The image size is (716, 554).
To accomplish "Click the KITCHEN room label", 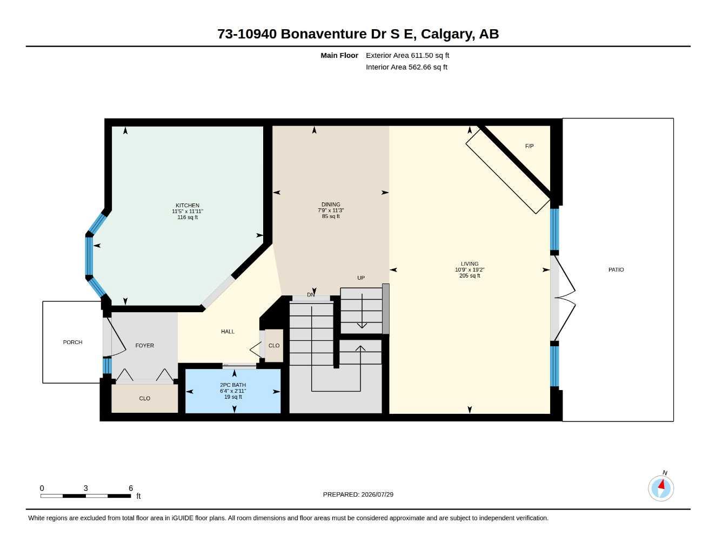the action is (187, 206).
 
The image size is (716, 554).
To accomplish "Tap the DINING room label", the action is (331, 205).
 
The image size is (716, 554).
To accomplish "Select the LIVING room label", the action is (469, 264).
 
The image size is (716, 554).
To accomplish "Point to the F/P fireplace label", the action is (529, 146).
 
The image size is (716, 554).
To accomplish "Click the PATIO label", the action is (616, 270).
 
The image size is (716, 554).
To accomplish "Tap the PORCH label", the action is (72, 342).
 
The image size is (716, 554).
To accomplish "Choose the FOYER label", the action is (144, 346).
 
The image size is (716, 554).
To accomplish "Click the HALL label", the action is (227, 332).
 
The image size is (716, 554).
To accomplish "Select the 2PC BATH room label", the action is (232, 385).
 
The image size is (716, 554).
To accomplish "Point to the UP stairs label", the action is (361, 278).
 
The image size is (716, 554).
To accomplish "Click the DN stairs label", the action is (311, 294).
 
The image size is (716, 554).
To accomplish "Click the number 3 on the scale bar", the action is (86, 488).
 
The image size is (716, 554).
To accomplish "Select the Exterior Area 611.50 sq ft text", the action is (407, 55).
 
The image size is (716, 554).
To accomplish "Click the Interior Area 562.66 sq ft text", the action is (406, 67).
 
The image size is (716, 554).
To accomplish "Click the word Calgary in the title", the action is (447, 34).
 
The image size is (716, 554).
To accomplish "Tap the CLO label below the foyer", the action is (144, 398).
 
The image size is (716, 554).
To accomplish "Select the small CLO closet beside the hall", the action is (274, 345).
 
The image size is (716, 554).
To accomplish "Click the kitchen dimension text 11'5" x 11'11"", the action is (187, 212).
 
